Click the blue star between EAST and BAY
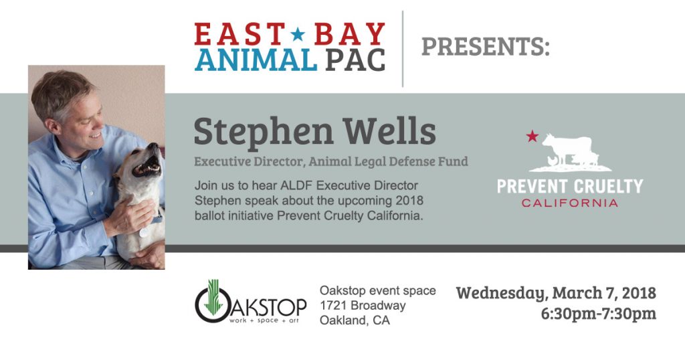[x=298, y=33]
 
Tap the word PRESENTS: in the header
[x=486, y=47]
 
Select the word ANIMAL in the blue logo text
[x=256, y=60]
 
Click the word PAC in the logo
[x=356, y=60]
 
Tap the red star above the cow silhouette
[x=532, y=136]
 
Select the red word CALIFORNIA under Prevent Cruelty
[x=570, y=203]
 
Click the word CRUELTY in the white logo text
[x=607, y=186]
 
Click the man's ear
[x=54, y=126]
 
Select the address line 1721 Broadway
[x=363, y=305]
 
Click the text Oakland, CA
[x=355, y=321]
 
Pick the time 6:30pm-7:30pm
[x=599, y=314]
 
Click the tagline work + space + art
[x=264, y=321]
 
